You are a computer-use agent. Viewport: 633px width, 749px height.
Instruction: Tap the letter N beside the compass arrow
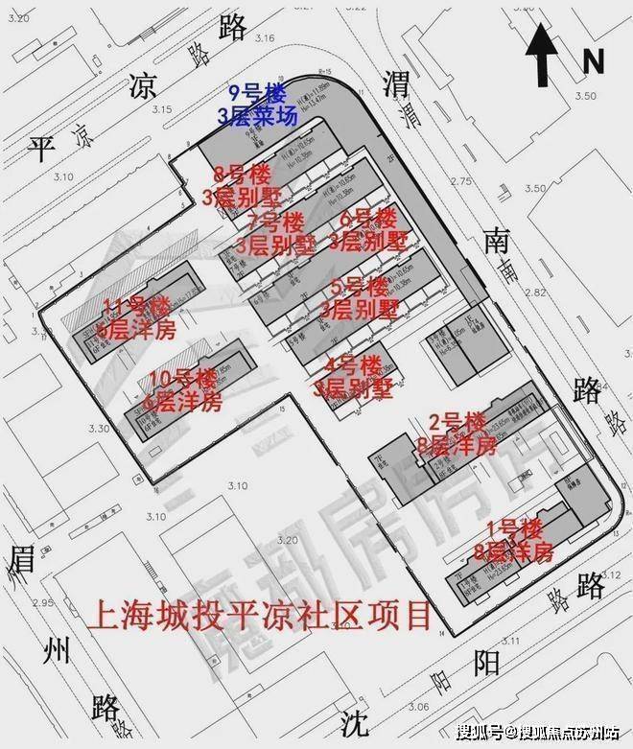coord(594,61)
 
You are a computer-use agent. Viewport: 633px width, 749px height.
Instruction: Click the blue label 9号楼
coord(256,94)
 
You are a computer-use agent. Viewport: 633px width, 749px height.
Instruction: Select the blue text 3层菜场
coord(256,116)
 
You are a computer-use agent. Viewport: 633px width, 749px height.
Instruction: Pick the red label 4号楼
coord(354,366)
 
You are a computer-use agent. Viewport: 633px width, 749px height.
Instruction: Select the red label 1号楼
coord(514,528)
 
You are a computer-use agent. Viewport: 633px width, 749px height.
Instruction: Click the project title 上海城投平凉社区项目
coord(259,615)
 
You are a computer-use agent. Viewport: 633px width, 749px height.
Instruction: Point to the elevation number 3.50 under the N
coord(585,97)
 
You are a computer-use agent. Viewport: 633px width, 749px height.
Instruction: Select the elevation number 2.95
coord(42,603)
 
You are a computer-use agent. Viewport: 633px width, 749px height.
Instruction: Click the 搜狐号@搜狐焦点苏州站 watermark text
coord(537,734)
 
